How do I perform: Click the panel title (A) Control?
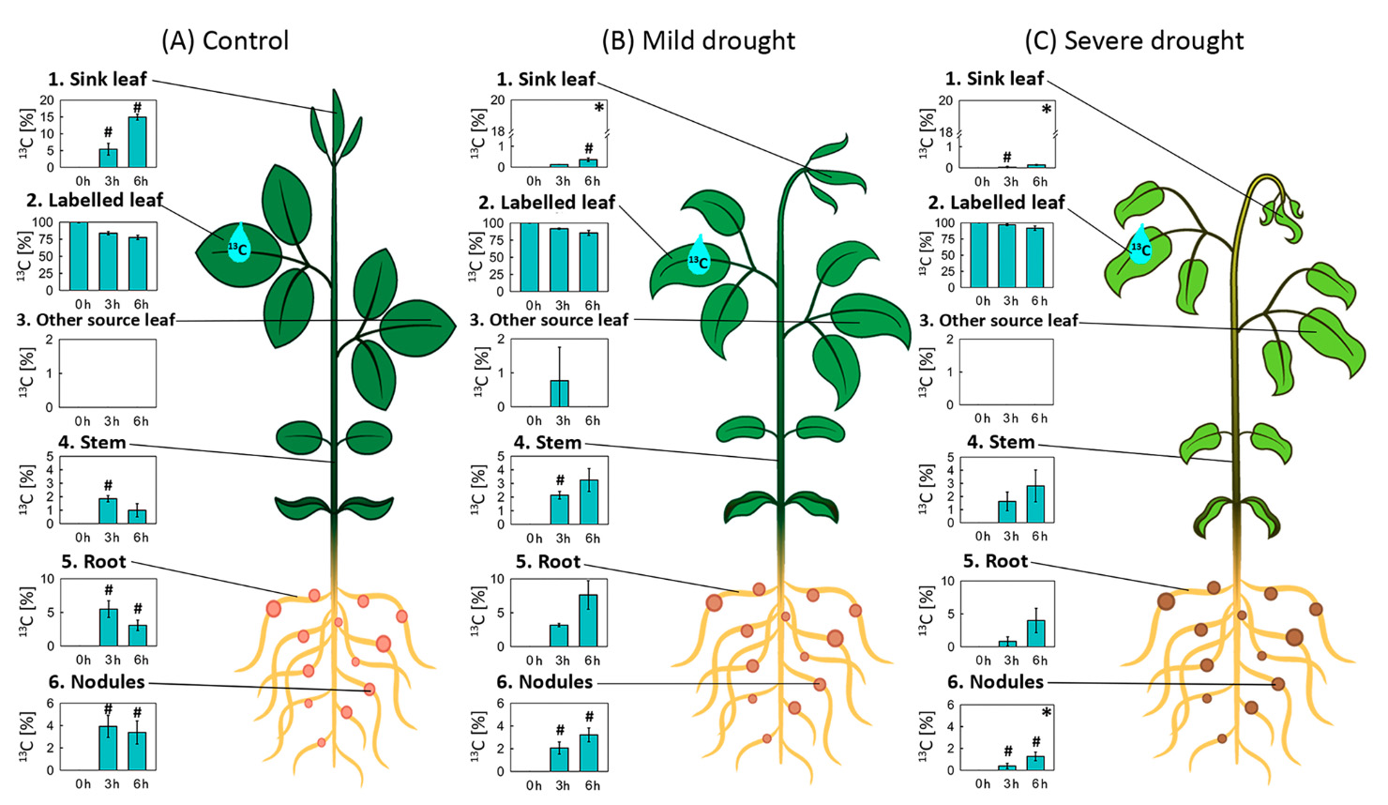(x=225, y=41)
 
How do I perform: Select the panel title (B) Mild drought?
(x=699, y=41)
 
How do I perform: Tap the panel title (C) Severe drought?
(x=1134, y=41)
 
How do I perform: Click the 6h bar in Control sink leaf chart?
(x=137, y=142)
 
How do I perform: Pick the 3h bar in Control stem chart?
(x=109, y=510)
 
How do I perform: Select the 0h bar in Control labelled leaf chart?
(x=79, y=256)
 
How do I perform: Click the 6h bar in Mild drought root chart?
(x=588, y=620)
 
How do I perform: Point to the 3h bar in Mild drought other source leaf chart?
(x=560, y=393)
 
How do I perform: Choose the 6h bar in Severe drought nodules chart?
(x=1035, y=763)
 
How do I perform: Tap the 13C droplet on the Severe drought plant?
(x=1139, y=245)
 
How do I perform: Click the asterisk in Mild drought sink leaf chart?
(x=599, y=109)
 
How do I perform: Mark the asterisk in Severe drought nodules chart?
(x=1047, y=714)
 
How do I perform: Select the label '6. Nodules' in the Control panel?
(x=97, y=682)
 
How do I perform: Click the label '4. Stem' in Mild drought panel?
(x=548, y=443)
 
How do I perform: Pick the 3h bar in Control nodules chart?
(x=109, y=747)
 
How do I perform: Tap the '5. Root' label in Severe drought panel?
(x=995, y=561)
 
